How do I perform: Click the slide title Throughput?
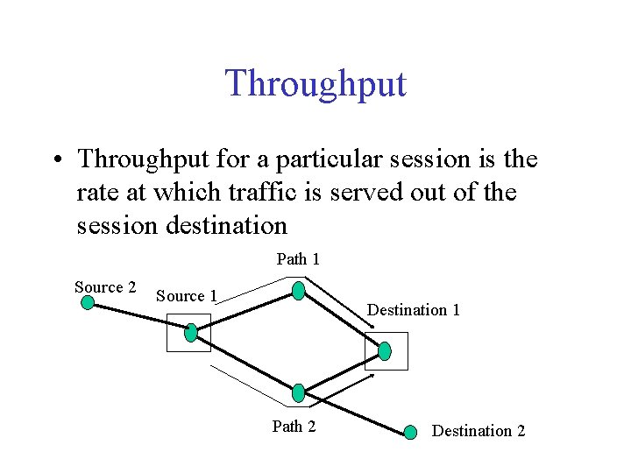tap(315, 83)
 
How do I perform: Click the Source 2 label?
tap(105, 287)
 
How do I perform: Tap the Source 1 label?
tap(187, 296)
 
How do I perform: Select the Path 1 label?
tap(298, 258)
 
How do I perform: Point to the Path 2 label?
tap(294, 427)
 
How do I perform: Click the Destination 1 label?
tap(413, 309)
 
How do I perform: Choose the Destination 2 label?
tap(479, 430)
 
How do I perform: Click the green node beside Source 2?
tap(88, 303)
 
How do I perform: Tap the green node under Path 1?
tap(299, 291)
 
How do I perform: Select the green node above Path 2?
tap(298, 392)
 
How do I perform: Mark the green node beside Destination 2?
tap(410, 432)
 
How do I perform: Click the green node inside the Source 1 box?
tap(191, 332)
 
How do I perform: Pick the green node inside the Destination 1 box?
tap(384, 351)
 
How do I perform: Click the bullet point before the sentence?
tap(55, 161)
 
